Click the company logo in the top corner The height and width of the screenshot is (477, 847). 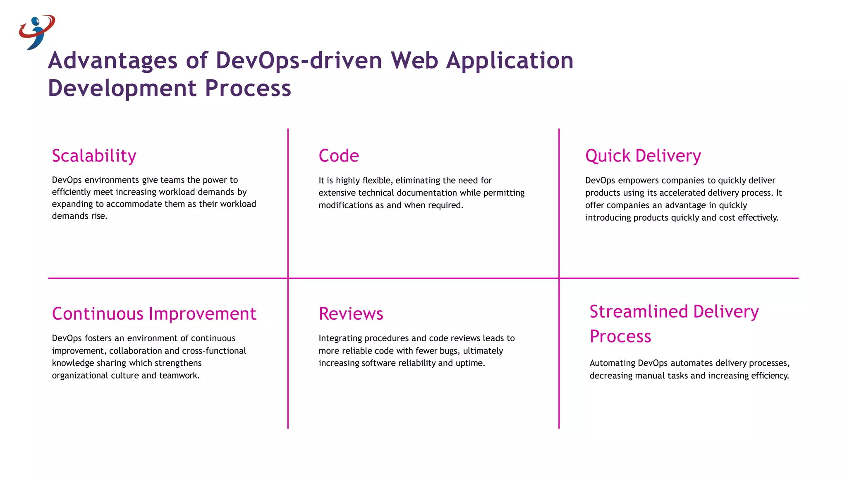tap(36, 32)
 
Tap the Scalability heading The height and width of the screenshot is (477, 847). tap(94, 156)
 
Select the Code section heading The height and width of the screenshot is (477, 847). tap(338, 156)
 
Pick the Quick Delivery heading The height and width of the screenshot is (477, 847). tap(643, 156)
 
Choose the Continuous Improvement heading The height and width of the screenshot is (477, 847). tap(154, 314)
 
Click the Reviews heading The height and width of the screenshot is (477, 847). tap(351, 314)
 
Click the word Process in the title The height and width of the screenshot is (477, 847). tap(248, 88)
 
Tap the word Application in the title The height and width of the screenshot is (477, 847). tap(510, 60)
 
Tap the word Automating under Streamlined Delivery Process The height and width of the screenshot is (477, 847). tap(612, 363)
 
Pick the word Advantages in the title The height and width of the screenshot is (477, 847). tap(112, 60)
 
